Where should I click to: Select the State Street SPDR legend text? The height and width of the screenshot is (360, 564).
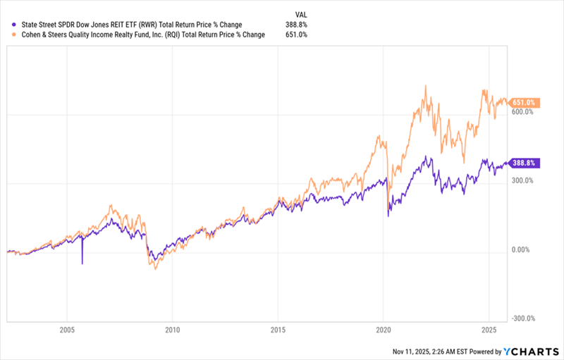127,25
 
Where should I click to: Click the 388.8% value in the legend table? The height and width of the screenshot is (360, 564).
296,25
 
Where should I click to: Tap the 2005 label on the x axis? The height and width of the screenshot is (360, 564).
67,330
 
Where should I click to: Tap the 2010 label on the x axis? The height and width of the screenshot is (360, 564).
173,330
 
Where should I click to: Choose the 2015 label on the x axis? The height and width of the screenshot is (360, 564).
278,330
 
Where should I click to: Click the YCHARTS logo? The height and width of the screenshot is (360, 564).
530,350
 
